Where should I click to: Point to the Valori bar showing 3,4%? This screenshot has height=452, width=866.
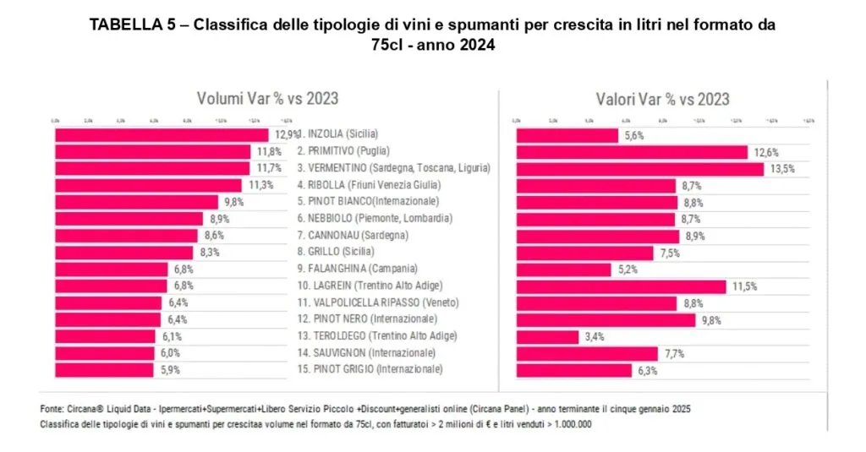tap(546, 336)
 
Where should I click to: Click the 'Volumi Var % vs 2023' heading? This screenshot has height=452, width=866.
tap(267, 99)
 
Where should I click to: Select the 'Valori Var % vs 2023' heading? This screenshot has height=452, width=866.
tap(662, 99)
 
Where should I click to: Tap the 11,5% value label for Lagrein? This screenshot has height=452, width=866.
tap(744, 286)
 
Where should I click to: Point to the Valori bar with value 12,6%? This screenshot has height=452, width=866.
tap(632, 152)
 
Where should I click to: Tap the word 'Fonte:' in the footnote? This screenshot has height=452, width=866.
tap(52, 409)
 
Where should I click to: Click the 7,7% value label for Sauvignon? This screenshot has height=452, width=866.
tap(675, 353)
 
